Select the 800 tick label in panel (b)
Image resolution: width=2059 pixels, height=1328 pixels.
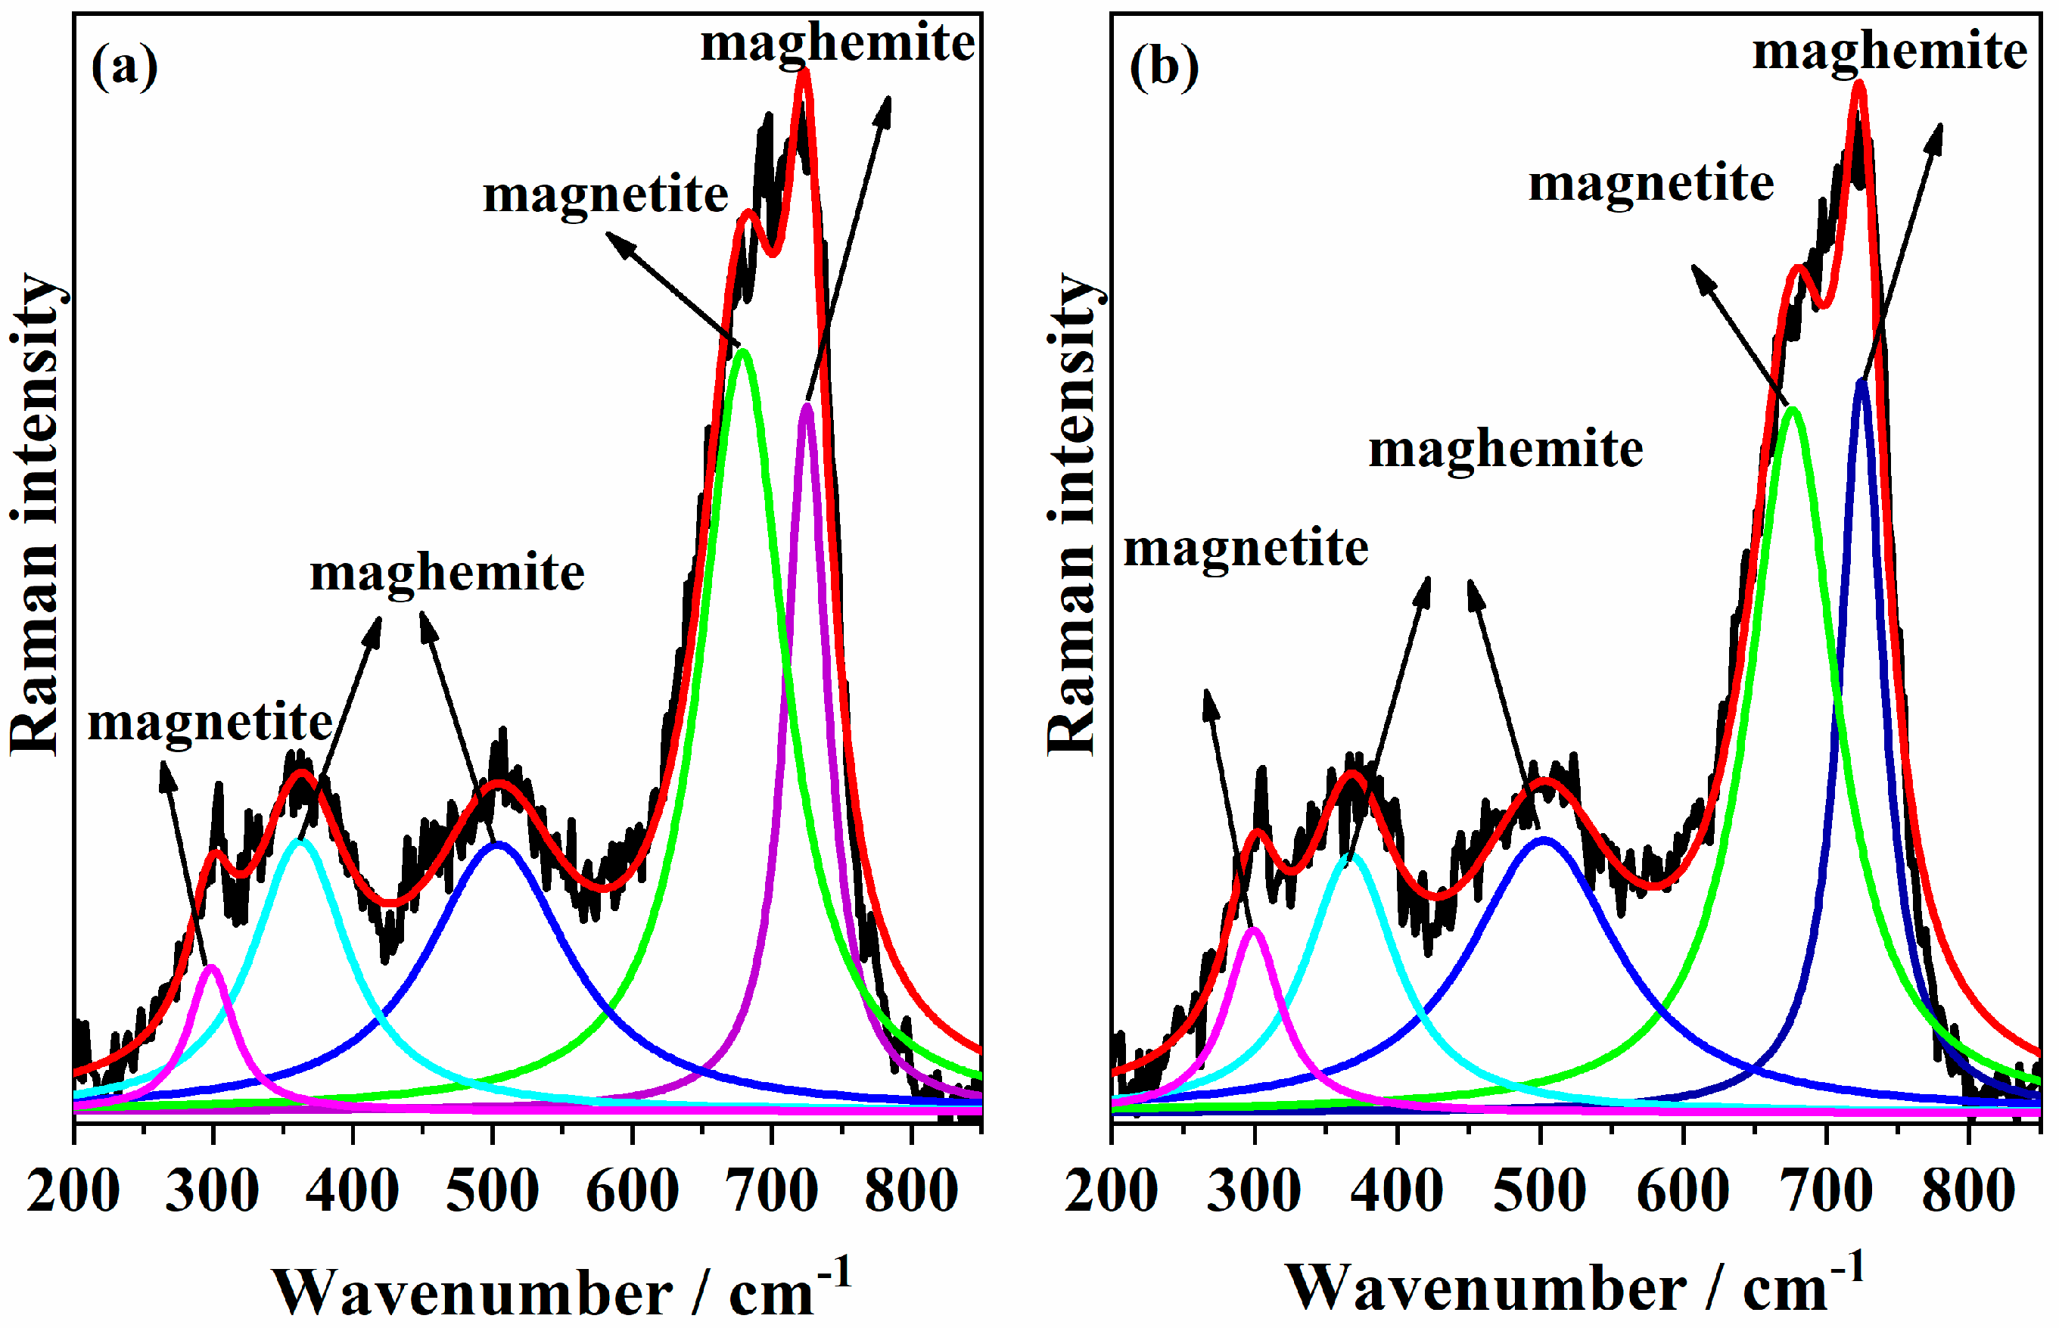1967,1191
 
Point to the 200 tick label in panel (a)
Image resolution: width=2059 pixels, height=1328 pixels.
73,1191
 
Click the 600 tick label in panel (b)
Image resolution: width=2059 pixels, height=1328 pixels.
1682,1191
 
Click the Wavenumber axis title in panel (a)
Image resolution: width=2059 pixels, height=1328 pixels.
561,1289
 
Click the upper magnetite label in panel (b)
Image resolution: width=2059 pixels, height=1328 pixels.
1650,183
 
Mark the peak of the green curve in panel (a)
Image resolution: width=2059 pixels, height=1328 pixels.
742,351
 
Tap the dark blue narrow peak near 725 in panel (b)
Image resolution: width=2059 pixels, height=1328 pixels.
1861,381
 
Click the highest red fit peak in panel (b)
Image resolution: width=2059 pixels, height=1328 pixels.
1859,84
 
